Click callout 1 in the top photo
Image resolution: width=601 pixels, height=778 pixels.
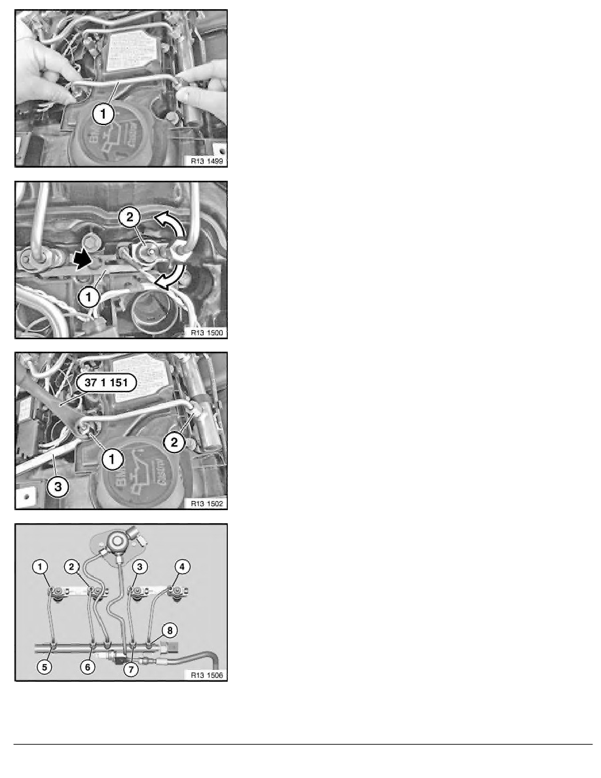coord(104,114)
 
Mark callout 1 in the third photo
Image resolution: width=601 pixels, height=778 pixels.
coord(112,460)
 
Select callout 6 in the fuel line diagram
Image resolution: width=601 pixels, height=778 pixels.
coord(87,666)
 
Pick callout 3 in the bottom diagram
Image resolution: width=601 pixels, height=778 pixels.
coord(139,566)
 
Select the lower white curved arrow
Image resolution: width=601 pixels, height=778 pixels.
coord(166,278)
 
